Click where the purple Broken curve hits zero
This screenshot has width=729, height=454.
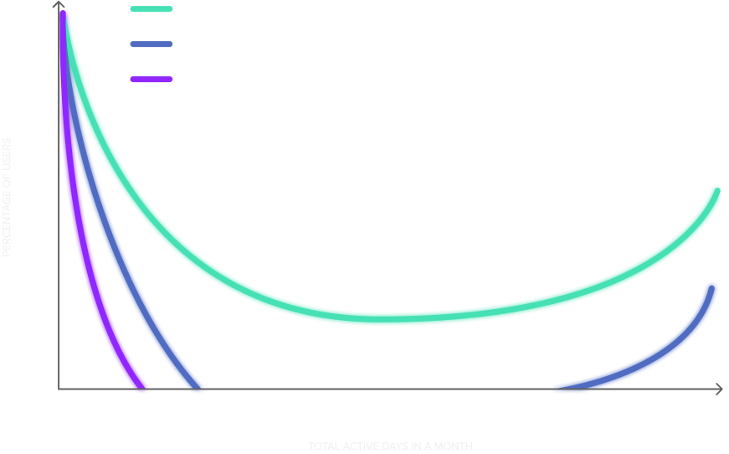coord(142,387)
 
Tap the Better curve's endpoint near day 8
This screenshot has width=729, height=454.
coord(196,387)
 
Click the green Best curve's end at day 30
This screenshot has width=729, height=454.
coord(716,190)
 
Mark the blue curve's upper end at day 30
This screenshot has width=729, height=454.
coord(711,287)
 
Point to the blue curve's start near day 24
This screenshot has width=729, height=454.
coord(556,389)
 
